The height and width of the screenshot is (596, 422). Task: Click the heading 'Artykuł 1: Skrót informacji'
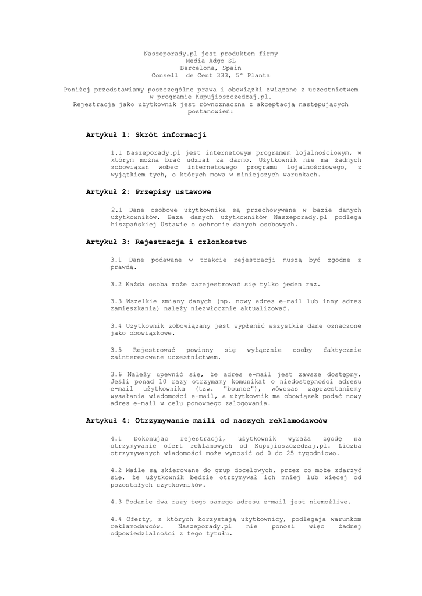click(x=146, y=135)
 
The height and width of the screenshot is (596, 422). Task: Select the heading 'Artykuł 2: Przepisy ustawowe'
click(x=148, y=191)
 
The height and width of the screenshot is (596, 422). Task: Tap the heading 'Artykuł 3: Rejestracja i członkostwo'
click(x=166, y=242)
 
